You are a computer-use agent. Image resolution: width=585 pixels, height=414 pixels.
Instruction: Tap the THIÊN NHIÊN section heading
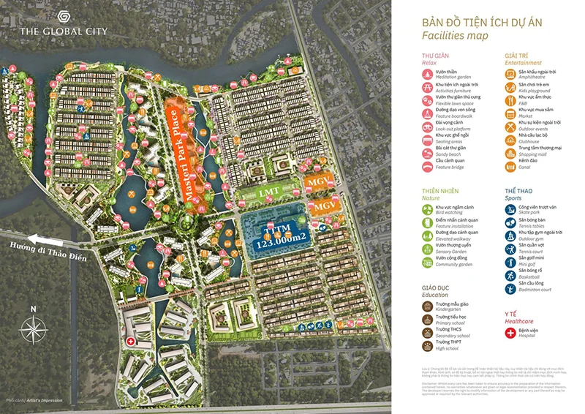click(x=439, y=191)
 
